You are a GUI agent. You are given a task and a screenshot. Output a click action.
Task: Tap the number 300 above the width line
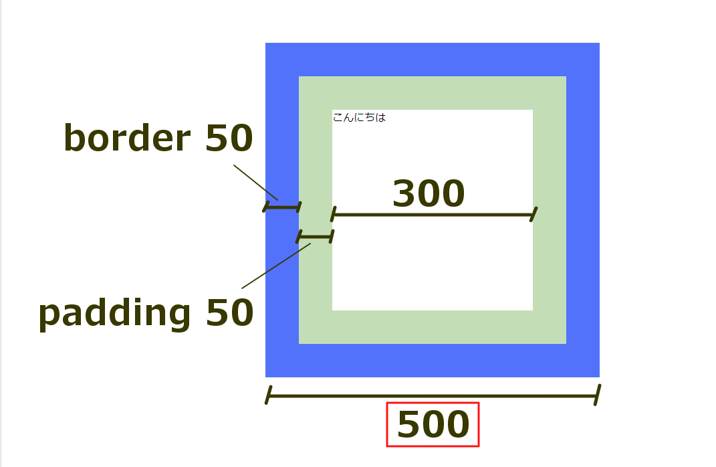(428, 195)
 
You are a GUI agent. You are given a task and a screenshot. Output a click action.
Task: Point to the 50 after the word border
(229, 139)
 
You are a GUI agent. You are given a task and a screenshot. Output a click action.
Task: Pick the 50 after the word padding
(229, 313)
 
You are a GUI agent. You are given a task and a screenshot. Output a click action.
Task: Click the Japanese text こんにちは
(359, 118)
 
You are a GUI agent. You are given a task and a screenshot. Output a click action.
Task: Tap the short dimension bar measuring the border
(282, 207)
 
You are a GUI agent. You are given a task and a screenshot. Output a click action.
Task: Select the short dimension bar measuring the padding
(315, 236)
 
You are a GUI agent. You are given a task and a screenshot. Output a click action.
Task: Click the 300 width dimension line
(433, 215)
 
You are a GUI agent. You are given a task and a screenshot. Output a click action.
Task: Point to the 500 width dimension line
(432, 396)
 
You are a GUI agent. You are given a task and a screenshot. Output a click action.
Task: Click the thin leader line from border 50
(255, 182)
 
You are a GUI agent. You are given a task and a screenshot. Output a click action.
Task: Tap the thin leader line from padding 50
(276, 266)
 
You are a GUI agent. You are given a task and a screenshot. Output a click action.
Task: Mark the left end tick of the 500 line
(268, 395)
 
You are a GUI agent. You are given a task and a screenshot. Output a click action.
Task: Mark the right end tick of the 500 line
(598, 394)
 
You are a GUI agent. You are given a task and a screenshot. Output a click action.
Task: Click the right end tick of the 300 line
(533, 214)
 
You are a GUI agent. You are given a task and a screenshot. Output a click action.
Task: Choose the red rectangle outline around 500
(433, 403)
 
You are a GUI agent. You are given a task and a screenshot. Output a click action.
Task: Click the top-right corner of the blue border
(598, 44)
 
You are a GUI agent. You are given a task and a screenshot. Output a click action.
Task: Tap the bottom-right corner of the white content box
(531, 309)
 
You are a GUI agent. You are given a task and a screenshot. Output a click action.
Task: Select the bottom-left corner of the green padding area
(300, 343)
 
